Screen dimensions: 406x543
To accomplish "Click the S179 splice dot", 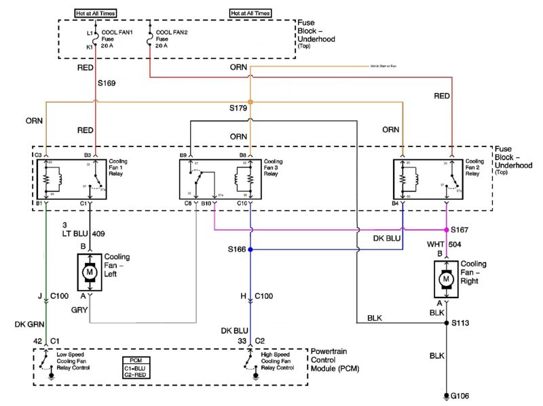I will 250,102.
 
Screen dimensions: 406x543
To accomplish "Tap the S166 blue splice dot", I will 250,249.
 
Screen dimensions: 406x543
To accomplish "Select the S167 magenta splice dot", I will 446,230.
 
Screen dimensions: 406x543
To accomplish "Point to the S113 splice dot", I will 446,323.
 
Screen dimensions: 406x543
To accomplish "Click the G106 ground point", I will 446,394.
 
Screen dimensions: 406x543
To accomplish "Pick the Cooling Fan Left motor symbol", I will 89,272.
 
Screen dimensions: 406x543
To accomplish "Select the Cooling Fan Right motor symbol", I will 446,279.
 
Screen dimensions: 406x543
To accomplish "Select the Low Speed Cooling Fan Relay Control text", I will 74,362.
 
